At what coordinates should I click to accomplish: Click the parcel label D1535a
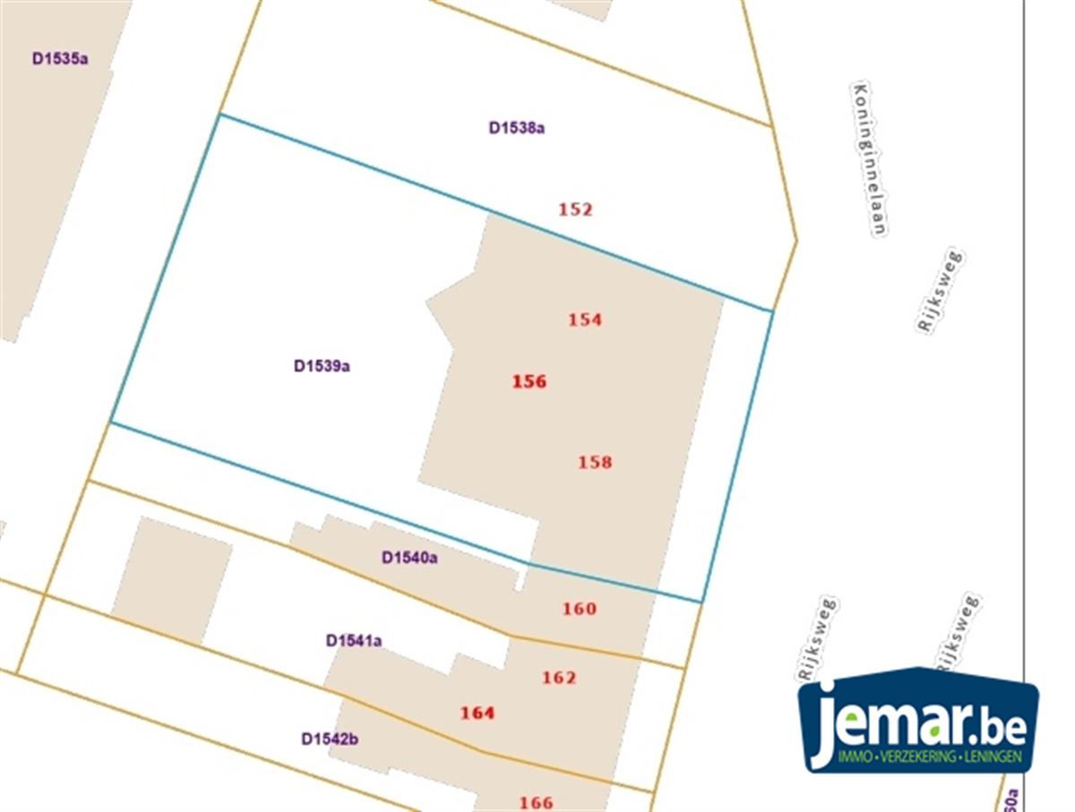tap(60, 60)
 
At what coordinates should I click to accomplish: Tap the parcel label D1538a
tap(517, 127)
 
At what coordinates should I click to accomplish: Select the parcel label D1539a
tap(322, 365)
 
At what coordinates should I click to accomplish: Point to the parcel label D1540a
tap(409, 558)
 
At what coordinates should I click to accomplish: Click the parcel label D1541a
tap(354, 640)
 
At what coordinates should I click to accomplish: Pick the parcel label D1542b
tap(330, 739)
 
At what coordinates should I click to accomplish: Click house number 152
tap(575, 209)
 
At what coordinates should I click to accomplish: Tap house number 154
tap(585, 319)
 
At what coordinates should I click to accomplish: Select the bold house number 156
tap(529, 381)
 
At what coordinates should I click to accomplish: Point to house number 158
tap(595, 462)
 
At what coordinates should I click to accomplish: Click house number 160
tap(579, 609)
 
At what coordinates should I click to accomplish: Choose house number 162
tap(559, 677)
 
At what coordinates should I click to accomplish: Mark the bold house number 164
tap(477, 713)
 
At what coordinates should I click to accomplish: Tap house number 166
tap(536, 802)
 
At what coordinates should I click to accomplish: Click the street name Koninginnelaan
tap(869, 159)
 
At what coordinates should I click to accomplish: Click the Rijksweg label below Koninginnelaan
tap(940, 292)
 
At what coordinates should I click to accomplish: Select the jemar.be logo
tap(919, 721)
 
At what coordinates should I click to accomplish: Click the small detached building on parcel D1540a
tap(171, 579)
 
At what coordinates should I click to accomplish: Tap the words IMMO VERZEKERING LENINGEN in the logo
tap(929, 757)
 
